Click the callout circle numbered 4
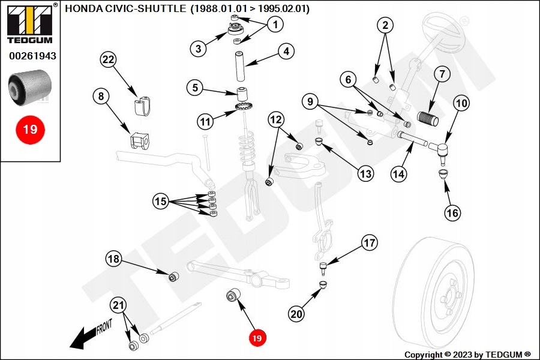(286, 52)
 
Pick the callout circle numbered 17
(369, 243)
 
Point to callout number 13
(365, 174)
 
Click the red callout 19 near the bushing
(257, 338)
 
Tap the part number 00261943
(32, 56)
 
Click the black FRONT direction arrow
(84, 337)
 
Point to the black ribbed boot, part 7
(428, 118)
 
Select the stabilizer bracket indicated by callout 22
(140, 106)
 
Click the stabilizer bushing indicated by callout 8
(139, 141)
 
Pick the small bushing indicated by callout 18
(174, 277)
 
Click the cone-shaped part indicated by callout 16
(443, 175)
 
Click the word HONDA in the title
(83, 9)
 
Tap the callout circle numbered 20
(296, 313)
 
